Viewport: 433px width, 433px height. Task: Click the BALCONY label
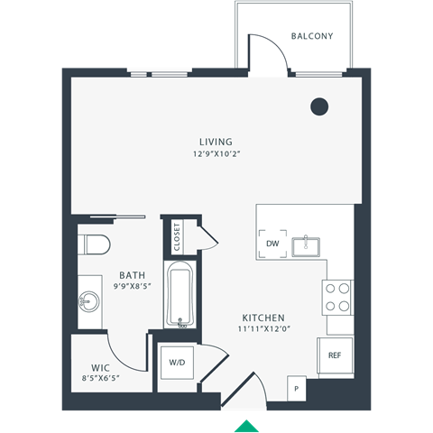312,37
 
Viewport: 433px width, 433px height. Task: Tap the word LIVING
216,142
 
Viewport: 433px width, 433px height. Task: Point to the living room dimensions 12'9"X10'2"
216,153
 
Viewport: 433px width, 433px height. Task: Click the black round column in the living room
319,106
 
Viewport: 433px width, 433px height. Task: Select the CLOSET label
177,235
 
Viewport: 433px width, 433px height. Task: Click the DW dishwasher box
273,244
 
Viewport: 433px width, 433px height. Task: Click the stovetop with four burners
338,297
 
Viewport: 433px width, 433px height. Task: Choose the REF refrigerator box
334,355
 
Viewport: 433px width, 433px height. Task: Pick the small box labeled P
296,388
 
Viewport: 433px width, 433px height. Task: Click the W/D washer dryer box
177,363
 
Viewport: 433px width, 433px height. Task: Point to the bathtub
180,295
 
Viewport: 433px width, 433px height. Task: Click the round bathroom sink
88,299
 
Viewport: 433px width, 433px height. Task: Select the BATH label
133,276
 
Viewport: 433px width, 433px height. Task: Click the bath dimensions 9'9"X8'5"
133,288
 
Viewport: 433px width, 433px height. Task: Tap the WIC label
99,367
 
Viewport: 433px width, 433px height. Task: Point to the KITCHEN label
263,318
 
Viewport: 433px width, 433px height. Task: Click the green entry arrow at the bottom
246,426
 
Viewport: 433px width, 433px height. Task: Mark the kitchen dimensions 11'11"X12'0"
263,330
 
